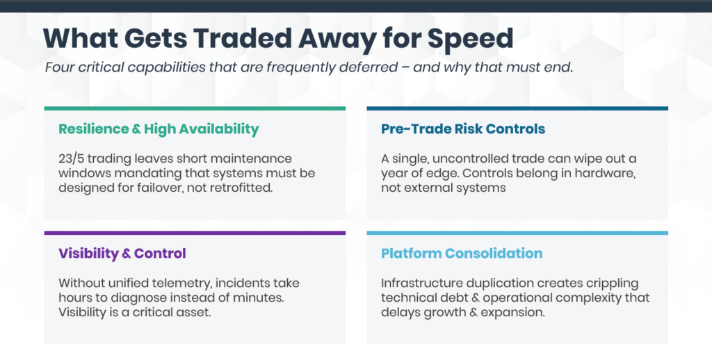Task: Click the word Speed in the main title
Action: pyautogui.click(x=470, y=40)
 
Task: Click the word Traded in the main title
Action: pyautogui.click(x=239, y=38)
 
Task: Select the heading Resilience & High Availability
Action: pyautogui.click(x=159, y=129)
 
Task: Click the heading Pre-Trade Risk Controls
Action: pyautogui.click(x=462, y=129)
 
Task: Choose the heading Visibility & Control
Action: pyautogui.click(x=122, y=253)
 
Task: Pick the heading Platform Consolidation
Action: pyautogui.click(x=462, y=253)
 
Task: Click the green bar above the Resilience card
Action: pyautogui.click(x=195, y=108)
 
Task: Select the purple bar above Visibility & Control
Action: pyautogui.click(x=195, y=233)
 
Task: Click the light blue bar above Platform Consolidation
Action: pyautogui.click(x=517, y=233)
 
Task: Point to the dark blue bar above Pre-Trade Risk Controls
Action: pyautogui.click(x=517, y=108)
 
